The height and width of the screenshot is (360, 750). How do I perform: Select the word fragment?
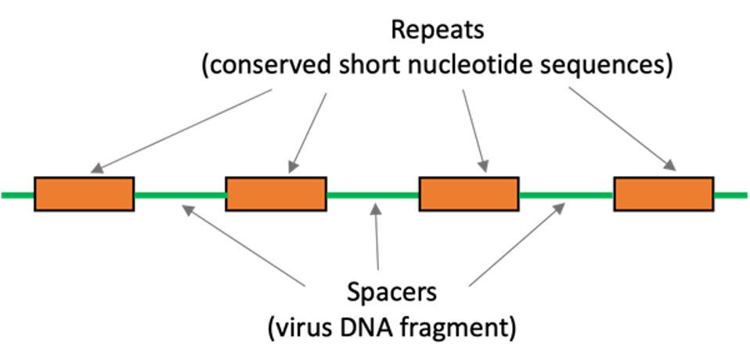[462, 326]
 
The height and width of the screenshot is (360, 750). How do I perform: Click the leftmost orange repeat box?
[84, 193]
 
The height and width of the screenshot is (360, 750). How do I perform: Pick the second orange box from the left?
[276, 193]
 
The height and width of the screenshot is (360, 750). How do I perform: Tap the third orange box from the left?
[468, 193]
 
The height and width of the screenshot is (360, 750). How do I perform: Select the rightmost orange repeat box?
[662, 193]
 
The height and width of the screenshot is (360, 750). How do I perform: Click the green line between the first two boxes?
[180, 194]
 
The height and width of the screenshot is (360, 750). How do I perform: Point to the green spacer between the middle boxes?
[373, 194]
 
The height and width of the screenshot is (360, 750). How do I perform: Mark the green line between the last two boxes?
[565, 194]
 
